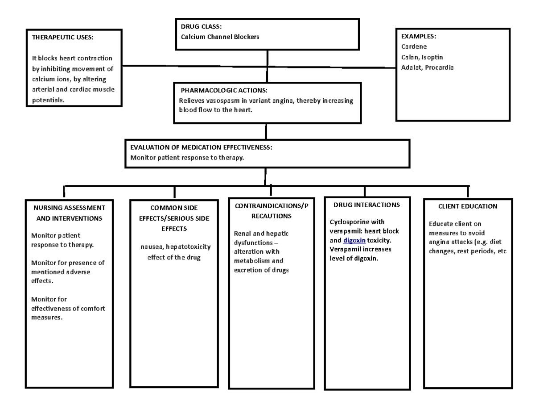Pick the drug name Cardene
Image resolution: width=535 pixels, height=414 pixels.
[x=414, y=46]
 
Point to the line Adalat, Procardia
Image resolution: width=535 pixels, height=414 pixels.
[x=427, y=67]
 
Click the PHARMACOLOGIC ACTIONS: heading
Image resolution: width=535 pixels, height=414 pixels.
[x=224, y=91]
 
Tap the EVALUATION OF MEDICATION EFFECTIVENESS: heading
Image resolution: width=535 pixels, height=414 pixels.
[x=200, y=147]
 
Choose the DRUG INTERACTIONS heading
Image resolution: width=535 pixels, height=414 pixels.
[x=366, y=205]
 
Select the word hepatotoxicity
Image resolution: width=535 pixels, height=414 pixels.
[x=188, y=247]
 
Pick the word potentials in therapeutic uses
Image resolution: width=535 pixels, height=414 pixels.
[x=48, y=100]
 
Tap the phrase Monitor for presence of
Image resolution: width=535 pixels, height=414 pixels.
[x=67, y=263]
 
